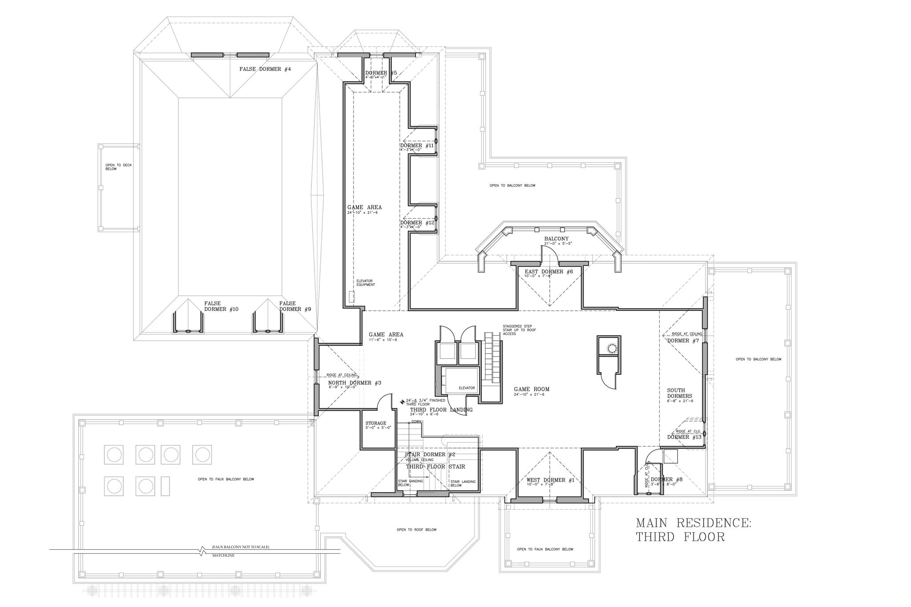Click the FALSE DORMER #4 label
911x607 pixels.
coord(265,69)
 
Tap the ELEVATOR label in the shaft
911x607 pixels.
coord(467,388)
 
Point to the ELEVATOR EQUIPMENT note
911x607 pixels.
coord(366,282)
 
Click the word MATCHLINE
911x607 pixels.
coord(224,555)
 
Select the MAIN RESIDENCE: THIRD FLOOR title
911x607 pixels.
coord(693,529)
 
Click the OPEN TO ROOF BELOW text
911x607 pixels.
coord(416,530)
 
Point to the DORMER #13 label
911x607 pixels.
coord(684,437)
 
